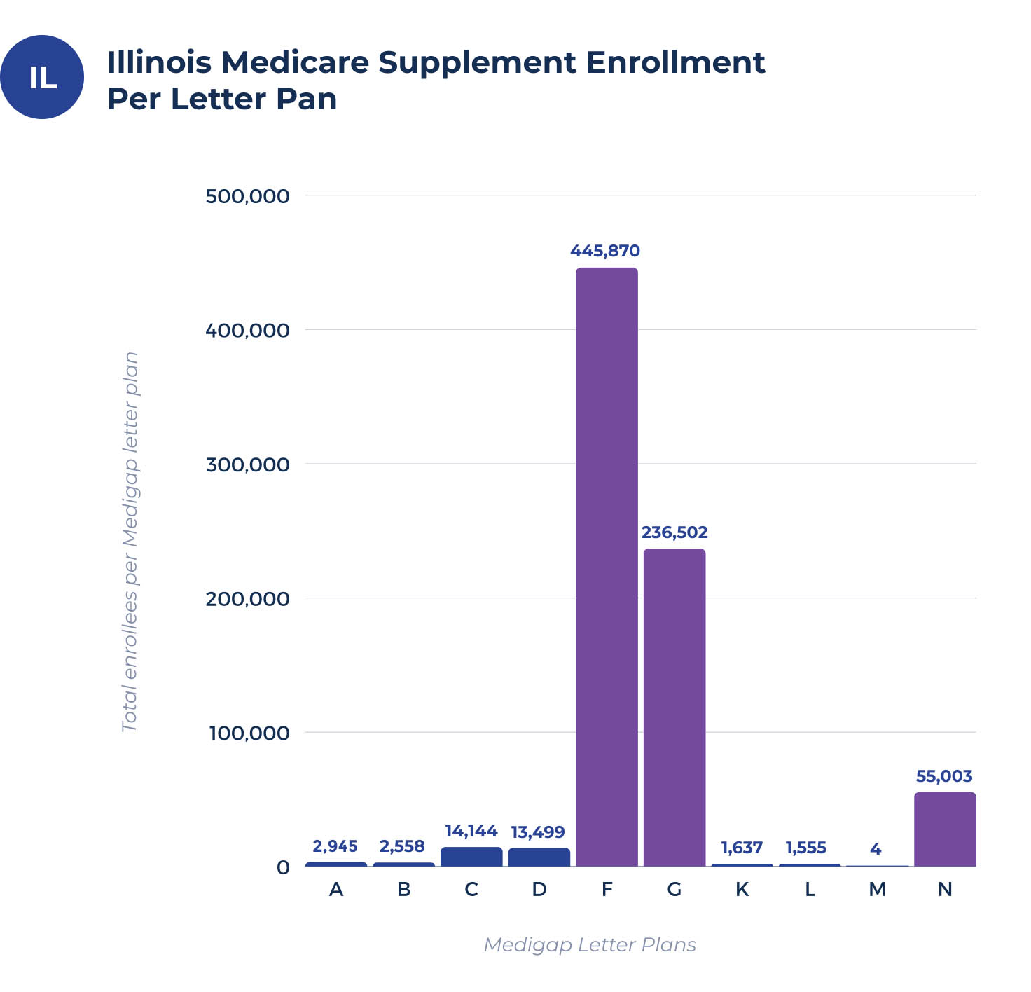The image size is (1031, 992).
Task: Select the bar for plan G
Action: [x=674, y=707]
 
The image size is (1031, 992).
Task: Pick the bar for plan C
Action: [x=471, y=857]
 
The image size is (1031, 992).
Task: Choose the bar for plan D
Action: [x=539, y=857]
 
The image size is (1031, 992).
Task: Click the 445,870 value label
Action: [x=605, y=251]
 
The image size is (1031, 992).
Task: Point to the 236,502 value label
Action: [x=674, y=532]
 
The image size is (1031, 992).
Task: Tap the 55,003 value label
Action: [x=944, y=776]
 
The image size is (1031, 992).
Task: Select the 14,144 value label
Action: [x=471, y=832]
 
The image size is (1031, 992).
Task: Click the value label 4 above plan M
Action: [x=876, y=849]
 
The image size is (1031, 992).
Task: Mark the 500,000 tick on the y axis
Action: [x=247, y=196]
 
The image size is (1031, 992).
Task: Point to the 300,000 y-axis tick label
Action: [x=247, y=464]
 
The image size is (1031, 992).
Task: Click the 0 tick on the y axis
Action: [x=283, y=868]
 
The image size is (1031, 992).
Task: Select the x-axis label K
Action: [x=742, y=890]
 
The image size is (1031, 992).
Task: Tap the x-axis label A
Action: [x=336, y=890]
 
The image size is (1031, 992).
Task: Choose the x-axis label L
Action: [x=810, y=890]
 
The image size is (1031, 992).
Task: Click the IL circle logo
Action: [x=42, y=77]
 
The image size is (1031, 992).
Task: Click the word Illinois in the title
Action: [x=159, y=62]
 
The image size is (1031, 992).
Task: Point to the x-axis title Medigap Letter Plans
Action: [x=590, y=945]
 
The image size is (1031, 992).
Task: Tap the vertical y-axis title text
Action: [x=130, y=542]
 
